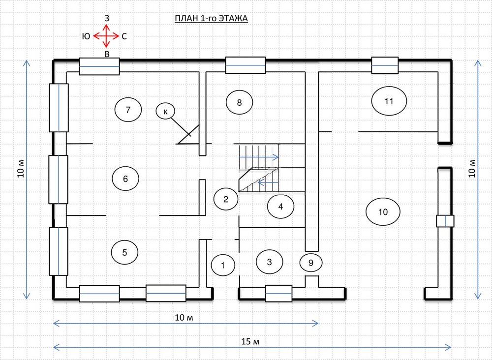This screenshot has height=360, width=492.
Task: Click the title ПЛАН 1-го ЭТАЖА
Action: pos(211,19)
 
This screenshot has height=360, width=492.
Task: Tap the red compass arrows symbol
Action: pos(106,36)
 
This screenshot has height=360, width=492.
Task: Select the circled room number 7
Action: pos(128,110)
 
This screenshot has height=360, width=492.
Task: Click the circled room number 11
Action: pos(389,101)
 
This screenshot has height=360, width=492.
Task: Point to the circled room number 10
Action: pos(383,211)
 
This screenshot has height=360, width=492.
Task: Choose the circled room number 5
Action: pos(124,252)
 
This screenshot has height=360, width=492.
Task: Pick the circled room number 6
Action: pos(125,179)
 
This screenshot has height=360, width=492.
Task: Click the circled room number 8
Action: pos(240,103)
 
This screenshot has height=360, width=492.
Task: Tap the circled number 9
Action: pos(311,263)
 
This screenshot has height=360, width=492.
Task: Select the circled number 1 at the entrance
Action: pos(223,265)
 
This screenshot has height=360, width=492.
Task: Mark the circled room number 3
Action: pos(270,262)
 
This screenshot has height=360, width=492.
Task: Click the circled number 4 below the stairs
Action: pos(281,207)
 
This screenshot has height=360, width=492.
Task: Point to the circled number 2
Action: pos(226,199)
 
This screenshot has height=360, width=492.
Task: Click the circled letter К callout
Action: pos(165,111)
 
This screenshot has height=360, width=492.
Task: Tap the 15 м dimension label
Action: pos(250,341)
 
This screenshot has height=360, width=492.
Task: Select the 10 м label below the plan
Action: pos(184,318)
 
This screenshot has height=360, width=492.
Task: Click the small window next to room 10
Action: pos(445,221)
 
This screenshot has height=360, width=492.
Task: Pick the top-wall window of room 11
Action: pos(385,65)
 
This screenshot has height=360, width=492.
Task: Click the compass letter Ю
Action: pos(86,36)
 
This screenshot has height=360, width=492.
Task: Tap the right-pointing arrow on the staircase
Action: pos(259,157)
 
